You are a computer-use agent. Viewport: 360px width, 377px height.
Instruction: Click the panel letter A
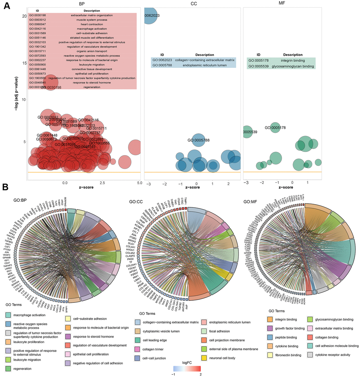coord(6,6)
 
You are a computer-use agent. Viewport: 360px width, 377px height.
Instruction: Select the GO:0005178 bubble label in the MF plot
coord(275,128)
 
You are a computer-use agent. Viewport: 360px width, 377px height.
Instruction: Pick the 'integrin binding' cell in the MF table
coord(293,61)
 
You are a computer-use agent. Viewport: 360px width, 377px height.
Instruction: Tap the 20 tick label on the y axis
coord(24,16)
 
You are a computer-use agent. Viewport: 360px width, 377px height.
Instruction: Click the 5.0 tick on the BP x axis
coord(139,183)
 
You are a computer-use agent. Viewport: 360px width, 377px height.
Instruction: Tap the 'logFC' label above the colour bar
coord(187,363)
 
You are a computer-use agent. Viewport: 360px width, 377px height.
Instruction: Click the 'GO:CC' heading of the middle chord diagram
coord(135,201)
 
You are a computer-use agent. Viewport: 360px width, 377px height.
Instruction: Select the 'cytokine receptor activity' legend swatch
coord(310,354)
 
